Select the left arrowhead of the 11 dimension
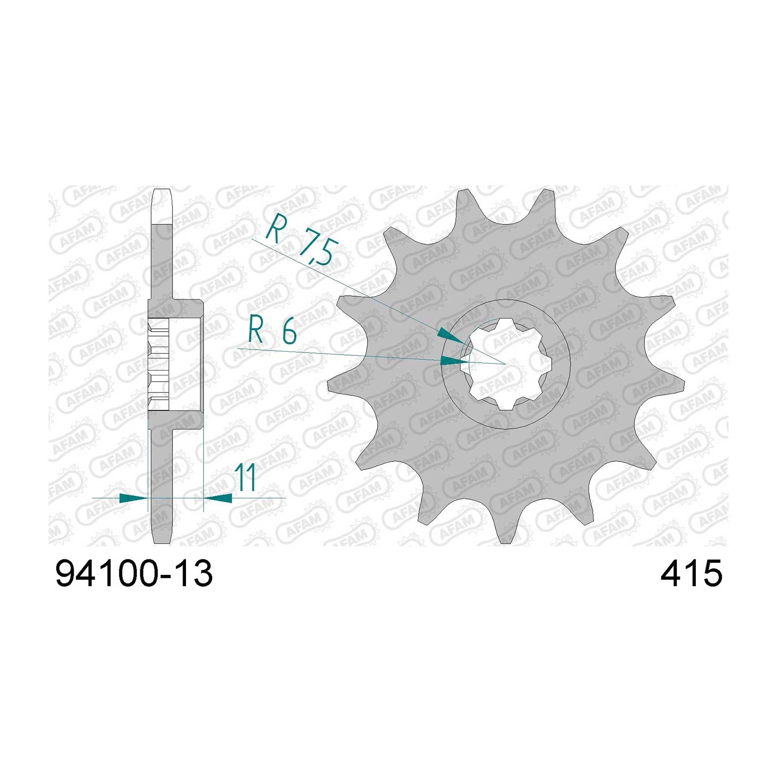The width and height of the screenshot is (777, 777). coord(133,498)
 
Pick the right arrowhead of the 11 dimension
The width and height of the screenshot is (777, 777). coord(218,498)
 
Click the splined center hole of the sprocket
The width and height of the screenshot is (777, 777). coord(506,365)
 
